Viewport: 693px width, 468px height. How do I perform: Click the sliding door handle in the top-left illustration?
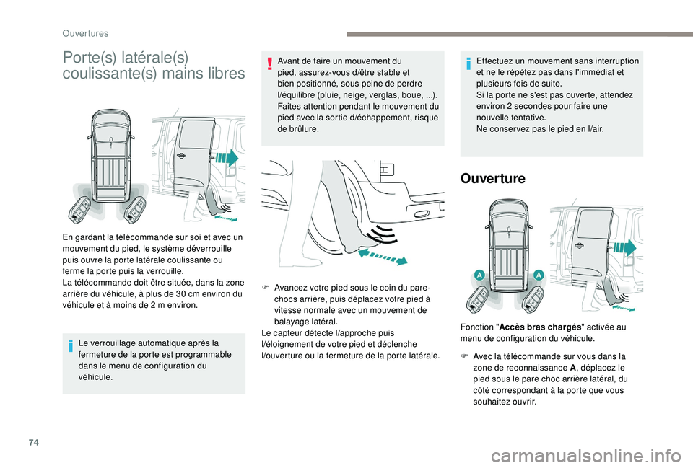180,156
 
